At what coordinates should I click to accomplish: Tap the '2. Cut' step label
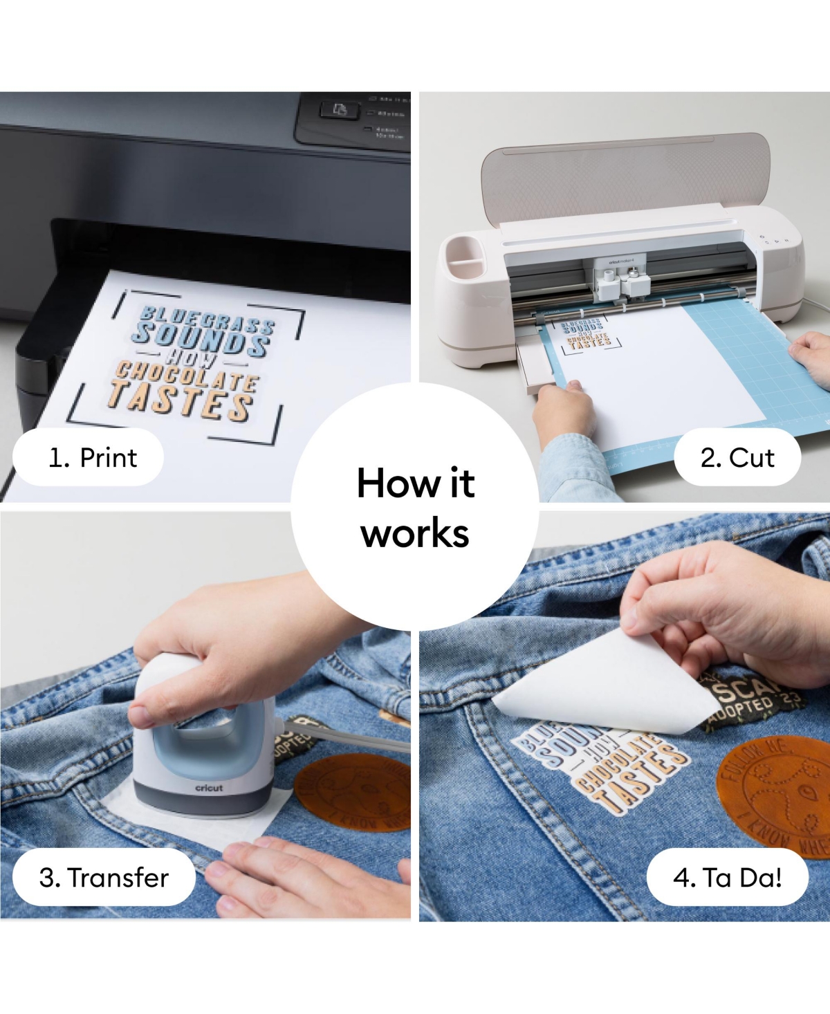737,457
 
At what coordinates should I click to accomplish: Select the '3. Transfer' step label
104,877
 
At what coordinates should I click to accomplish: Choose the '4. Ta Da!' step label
727,877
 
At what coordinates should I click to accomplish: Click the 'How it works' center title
415,507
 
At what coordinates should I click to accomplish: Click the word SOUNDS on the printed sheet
201,338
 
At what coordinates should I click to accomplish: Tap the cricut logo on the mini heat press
209,788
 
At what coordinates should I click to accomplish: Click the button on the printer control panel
339,109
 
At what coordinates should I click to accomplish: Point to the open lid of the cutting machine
626,176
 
